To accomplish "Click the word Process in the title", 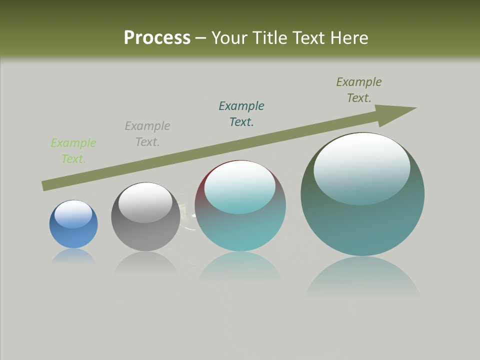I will click(157, 38).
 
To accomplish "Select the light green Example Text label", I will click(73, 151).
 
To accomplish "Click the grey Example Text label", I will click(147, 134).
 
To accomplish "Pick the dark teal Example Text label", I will click(241, 114).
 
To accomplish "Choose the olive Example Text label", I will click(359, 90).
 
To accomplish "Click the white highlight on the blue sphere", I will click(73, 214).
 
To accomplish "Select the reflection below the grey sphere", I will click(145, 263).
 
